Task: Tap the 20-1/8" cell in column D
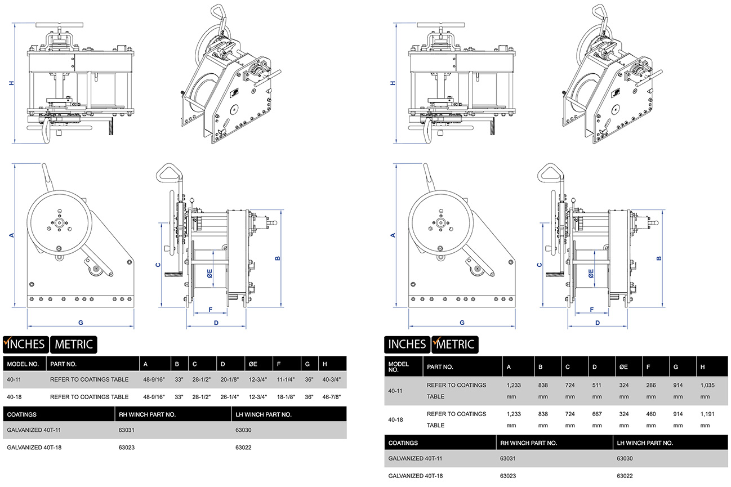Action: (231, 380)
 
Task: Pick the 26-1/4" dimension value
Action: (231, 397)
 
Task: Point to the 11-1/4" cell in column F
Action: (287, 380)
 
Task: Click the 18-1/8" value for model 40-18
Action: (287, 397)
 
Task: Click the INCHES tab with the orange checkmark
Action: (26, 344)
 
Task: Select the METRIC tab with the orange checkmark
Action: (454, 344)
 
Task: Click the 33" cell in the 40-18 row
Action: (179, 397)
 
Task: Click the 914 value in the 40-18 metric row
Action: (679, 414)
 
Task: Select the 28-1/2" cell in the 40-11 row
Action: (202, 380)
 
